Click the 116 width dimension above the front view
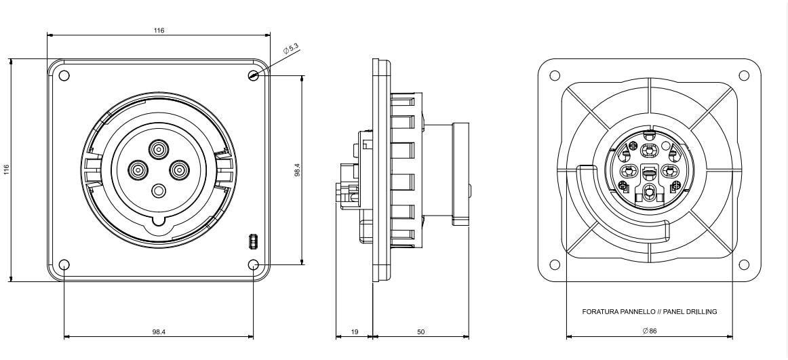[x=159, y=31]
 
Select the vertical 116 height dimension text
[x=7, y=169]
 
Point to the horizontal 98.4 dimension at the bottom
[x=159, y=332]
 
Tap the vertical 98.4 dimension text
[x=297, y=169]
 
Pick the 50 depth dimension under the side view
[x=420, y=332]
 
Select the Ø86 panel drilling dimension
[x=649, y=332]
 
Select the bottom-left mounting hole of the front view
[x=64, y=264]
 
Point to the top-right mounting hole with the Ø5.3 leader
[x=253, y=76]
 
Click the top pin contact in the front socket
[x=159, y=148]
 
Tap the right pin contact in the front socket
[x=180, y=169]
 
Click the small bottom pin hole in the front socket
[x=159, y=191]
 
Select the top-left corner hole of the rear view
[x=555, y=75]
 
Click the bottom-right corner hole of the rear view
[x=743, y=264]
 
